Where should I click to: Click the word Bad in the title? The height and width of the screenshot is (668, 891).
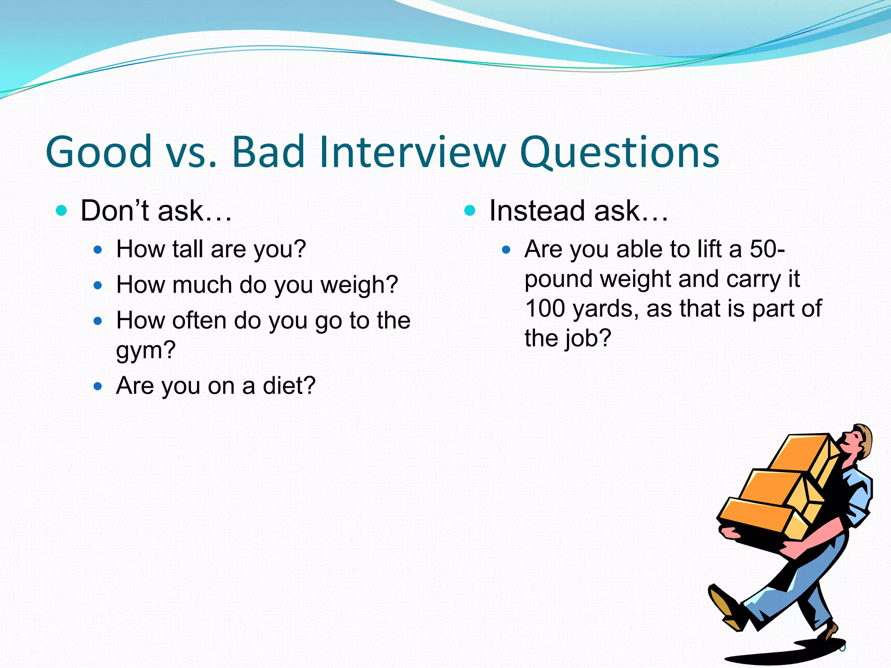pyautogui.click(x=268, y=152)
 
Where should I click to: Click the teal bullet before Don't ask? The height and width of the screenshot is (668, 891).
pyautogui.click(x=62, y=211)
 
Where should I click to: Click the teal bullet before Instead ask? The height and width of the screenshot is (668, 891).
pyautogui.click(x=470, y=211)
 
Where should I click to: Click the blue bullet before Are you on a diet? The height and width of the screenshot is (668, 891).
pyautogui.click(x=98, y=386)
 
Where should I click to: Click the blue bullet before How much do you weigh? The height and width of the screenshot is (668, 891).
pyautogui.click(x=98, y=286)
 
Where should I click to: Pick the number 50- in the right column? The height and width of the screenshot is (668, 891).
pyautogui.click(x=767, y=249)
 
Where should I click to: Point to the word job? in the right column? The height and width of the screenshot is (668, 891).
pyautogui.click(x=588, y=339)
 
